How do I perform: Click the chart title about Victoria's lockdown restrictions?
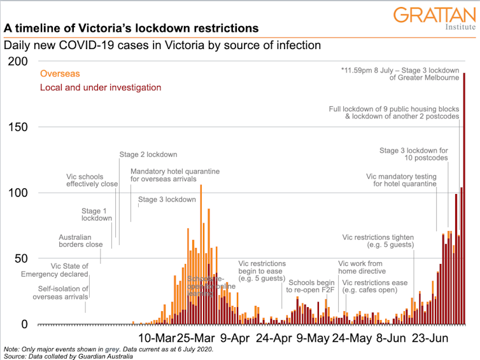coord(131,29)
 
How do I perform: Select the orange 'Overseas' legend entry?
coord(60,74)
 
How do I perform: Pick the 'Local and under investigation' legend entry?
coord(101,87)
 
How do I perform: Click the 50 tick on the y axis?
coord(18,259)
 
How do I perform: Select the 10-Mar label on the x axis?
coord(157,337)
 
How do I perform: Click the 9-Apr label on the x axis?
coord(236,337)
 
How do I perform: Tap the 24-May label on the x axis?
coord(350,337)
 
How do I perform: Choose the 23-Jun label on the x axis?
coord(428,337)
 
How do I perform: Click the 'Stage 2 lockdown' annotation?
coord(148,155)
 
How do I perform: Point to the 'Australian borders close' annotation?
coord(81,240)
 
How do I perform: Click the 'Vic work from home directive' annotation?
coord(362,267)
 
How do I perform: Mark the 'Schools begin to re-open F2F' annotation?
coord(312,286)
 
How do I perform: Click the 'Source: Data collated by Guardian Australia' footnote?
coord(69,356)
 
